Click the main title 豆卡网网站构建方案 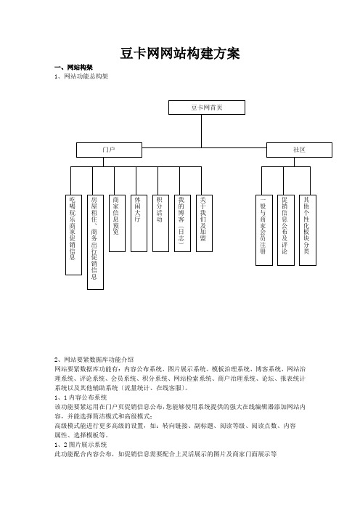pyautogui.click(x=180, y=54)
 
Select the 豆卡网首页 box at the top pyautogui.click(x=207, y=108)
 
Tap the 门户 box pyautogui.click(x=109, y=150)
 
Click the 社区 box pyautogui.click(x=299, y=150)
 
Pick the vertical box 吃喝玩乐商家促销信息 pyautogui.click(x=73, y=235)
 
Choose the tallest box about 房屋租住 pyautogui.click(x=95, y=242)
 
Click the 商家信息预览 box pyautogui.click(x=117, y=223)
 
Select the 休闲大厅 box pyautogui.click(x=139, y=223)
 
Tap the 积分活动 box pyautogui.click(x=160, y=223)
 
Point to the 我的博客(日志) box pyautogui.click(x=182, y=223)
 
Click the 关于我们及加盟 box pyautogui.click(x=205, y=223)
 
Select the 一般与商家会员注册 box pyautogui.click(x=263, y=230)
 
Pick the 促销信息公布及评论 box pyautogui.click(x=285, y=230)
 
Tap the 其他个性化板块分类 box pyautogui.click(x=307, y=230)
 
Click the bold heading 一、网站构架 pyautogui.click(x=74, y=68)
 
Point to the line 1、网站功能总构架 pyautogui.click(x=81, y=76)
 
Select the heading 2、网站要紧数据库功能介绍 pyautogui.click(x=94, y=360)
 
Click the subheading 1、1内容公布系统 pyautogui.click(x=81, y=397)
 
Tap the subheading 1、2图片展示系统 pyautogui.click(x=81, y=445)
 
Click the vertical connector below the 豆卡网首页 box pyautogui.click(x=202, y=131)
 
